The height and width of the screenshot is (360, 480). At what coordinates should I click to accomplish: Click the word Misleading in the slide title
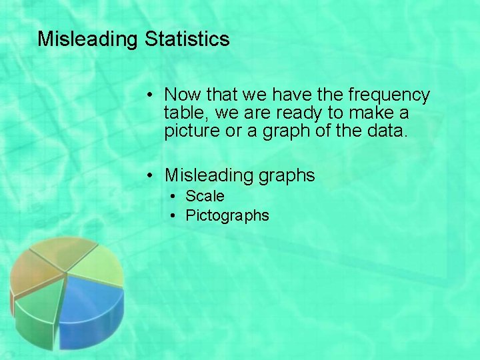coord(87,39)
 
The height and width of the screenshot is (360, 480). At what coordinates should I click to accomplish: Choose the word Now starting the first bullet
coord(181,95)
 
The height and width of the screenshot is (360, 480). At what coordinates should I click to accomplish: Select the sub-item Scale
coord(205,196)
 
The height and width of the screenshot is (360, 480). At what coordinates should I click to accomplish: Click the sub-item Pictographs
coord(227,215)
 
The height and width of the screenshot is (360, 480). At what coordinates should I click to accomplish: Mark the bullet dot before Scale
coord(173,197)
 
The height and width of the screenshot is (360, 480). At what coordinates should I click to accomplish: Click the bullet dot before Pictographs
coord(173,216)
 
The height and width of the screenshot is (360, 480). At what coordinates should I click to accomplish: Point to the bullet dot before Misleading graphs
coord(152,176)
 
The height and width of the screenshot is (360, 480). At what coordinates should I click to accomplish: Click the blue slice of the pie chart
coord(93,303)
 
